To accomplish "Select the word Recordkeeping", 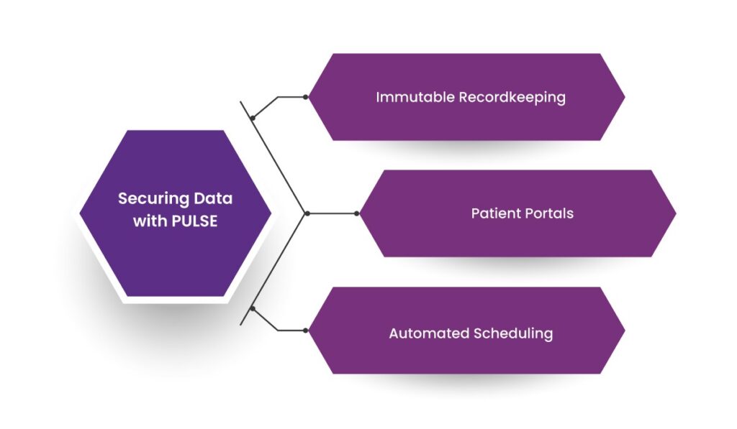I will pyautogui.click(x=512, y=98).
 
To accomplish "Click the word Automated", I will pyautogui.click(x=428, y=333).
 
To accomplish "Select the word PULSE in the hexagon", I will pyautogui.click(x=194, y=221).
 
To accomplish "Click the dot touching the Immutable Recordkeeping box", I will pyautogui.click(x=306, y=97).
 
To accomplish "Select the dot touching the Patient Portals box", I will pyautogui.click(x=356, y=213).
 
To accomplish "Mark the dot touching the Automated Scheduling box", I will pyautogui.click(x=306, y=331).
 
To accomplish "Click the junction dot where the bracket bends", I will pyautogui.click(x=307, y=213).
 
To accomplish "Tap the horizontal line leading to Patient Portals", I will pyautogui.click(x=332, y=213).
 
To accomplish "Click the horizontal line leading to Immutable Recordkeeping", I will pyautogui.click(x=291, y=97).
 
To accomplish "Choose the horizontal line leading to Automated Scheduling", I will pyautogui.click(x=291, y=331).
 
